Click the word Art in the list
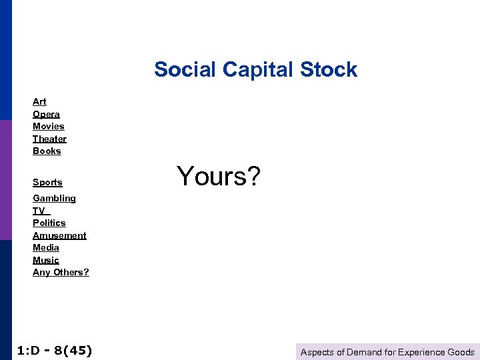pyautogui.click(x=39, y=101)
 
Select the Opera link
pyautogui.click(x=46, y=114)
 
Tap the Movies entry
pyautogui.click(x=48, y=126)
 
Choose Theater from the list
pyautogui.click(x=49, y=139)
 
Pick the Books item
pyautogui.click(x=47, y=151)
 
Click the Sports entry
pyautogui.click(x=47, y=182)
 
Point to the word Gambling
pyautogui.click(x=54, y=198)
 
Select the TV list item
pyautogui.click(x=39, y=211)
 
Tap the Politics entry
pyautogui.click(x=49, y=223)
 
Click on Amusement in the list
pyautogui.click(x=59, y=235)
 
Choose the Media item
pyautogui.click(x=45, y=247)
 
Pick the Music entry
pyautogui.click(x=45, y=260)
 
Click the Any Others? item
pyautogui.click(x=61, y=272)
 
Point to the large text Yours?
pyautogui.click(x=219, y=176)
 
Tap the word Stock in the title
pyautogui.click(x=329, y=69)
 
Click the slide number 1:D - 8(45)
pyautogui.click(x=54, y=350)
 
